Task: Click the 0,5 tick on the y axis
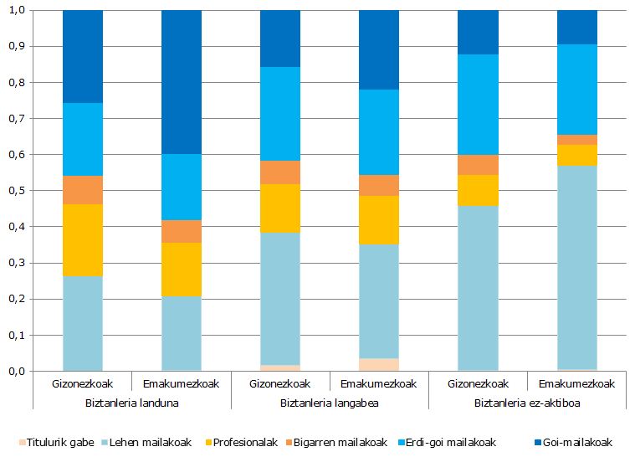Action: (x=15, y=191)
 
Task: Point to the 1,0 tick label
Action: (x=15, y=10)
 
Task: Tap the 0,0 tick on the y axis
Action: (x=15, y=371)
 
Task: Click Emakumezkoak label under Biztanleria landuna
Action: (x=182, y=384)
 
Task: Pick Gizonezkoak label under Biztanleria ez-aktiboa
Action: (x=478, y=384)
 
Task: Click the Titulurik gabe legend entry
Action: (x=58, y=441)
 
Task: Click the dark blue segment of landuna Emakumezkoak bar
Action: (x=182, y=82)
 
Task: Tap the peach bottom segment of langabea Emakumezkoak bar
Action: (x=379, y=364)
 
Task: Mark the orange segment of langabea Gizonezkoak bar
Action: (x=280, y=172)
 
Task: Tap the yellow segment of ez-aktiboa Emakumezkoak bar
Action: (x=576, y=155)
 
